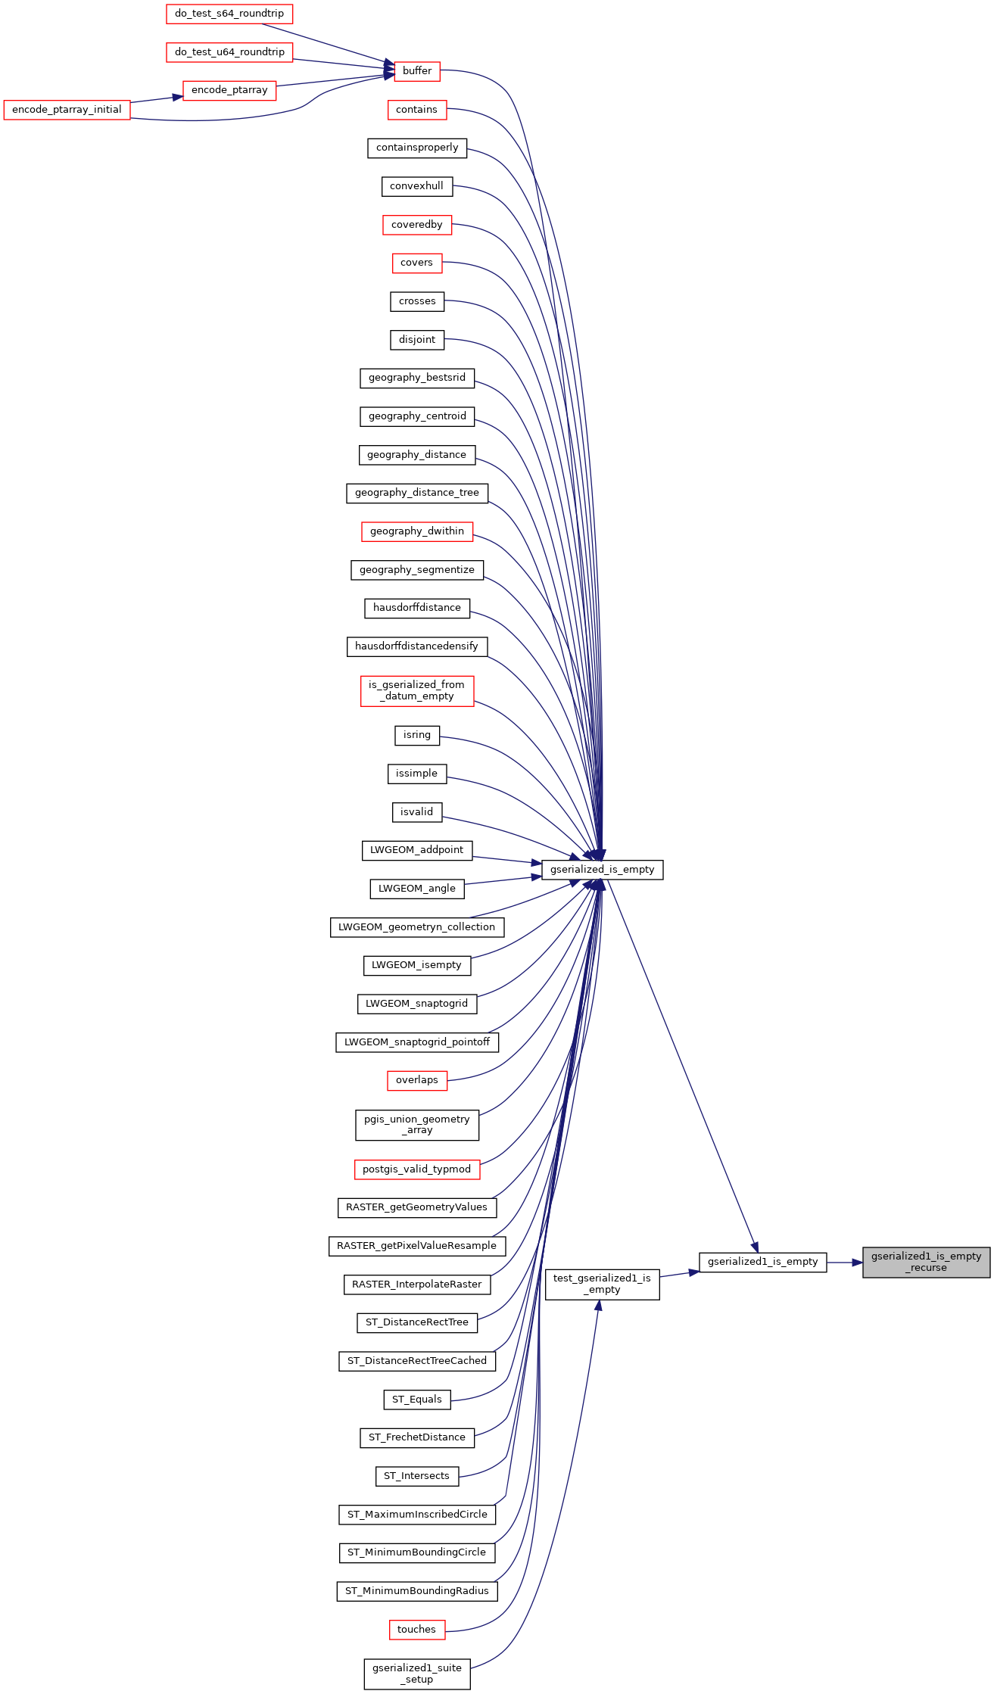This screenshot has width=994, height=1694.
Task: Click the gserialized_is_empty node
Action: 602,870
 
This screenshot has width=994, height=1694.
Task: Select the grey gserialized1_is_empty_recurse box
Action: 926,1262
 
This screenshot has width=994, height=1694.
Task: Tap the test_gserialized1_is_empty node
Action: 602,1284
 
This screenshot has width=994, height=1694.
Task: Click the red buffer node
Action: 417,71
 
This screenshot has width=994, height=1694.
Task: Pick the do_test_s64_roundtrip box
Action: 229,14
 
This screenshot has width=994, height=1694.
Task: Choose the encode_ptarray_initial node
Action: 67,110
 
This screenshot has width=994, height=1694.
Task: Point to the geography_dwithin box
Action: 417,531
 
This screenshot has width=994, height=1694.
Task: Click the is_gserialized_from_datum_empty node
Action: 417,690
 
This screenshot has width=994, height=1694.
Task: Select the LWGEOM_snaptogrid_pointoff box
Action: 417,1042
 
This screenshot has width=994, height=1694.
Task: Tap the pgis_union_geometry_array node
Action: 417,1125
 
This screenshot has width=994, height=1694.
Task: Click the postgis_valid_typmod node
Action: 417,1169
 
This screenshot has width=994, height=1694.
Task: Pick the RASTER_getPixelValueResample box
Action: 417,1246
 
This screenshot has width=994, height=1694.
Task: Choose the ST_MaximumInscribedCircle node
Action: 417,1515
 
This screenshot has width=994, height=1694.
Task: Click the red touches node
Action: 417,1630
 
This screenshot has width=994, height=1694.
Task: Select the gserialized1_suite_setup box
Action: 417,1674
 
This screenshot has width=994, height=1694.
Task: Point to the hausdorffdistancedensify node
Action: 417,646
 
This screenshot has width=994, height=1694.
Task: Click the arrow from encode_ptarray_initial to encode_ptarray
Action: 157,99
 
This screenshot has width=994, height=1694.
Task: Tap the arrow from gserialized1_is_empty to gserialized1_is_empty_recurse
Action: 845,1262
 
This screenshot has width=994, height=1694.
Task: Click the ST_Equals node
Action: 417,1400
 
